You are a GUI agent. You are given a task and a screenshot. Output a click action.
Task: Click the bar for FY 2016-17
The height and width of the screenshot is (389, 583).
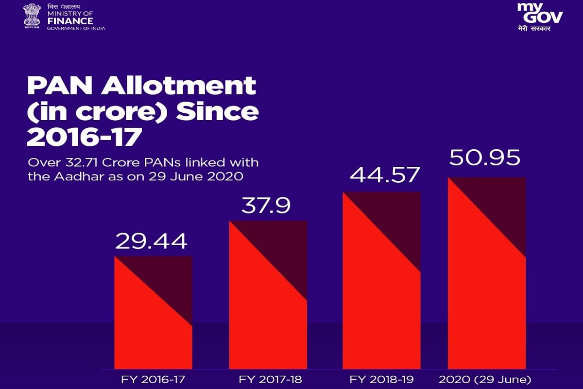click(154, 312)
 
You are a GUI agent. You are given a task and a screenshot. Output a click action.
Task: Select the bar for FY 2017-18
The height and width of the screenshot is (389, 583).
click(268, 295)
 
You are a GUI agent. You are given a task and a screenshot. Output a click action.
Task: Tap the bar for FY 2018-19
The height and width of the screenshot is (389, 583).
click(381, 281)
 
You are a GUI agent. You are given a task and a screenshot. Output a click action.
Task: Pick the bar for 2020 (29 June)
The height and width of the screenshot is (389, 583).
click(487, 273)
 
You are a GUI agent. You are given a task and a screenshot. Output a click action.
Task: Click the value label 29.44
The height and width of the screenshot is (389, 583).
click(151, 241)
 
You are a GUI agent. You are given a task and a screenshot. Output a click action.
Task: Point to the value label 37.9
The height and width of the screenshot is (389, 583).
click(266, 206)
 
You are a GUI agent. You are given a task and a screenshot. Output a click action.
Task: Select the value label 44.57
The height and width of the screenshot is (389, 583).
click(384, 175)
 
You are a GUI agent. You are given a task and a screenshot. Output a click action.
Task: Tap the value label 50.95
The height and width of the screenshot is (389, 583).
click(485, 158)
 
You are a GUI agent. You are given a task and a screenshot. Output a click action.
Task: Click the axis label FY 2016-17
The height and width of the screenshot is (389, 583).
click(153, 379)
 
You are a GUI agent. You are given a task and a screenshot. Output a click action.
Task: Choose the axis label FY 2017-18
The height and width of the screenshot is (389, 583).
click(270, 379)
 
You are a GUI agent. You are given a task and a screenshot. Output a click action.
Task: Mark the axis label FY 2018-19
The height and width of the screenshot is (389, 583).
click(381, 379)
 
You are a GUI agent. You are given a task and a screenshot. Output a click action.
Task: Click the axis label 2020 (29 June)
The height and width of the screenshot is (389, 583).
click(485, 380)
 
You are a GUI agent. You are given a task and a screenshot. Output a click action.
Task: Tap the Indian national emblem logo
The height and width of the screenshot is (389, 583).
click(32, 16)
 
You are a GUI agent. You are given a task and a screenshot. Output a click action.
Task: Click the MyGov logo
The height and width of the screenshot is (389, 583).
click(540, 17)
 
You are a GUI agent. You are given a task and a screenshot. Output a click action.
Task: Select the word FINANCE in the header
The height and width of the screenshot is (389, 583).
click(70, 21)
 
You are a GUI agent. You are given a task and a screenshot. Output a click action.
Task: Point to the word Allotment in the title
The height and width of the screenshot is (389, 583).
click(179, 86)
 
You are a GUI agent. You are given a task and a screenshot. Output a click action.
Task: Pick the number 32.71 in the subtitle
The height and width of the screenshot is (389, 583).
click(81, 162)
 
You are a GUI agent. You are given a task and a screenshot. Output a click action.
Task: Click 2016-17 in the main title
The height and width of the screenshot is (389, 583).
click(85, 137)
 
